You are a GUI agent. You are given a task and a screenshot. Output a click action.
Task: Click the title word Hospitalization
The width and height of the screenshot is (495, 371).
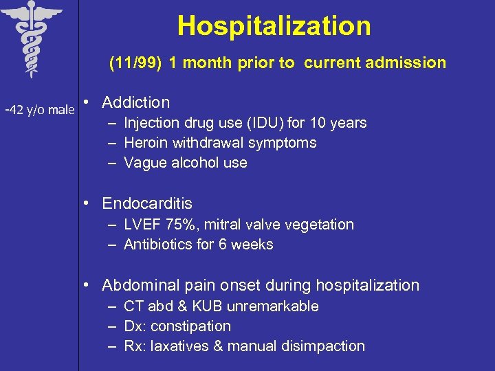coord(274,26)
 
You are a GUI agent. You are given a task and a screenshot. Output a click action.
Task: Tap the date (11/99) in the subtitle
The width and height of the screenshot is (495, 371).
coord(135,63)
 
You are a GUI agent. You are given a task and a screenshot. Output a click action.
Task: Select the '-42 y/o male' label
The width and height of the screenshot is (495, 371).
coord(39,109)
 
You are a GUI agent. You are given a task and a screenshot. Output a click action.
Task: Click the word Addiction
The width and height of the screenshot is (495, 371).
coord(135,103)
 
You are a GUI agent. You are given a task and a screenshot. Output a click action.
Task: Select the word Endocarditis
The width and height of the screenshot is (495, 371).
coord(147,204)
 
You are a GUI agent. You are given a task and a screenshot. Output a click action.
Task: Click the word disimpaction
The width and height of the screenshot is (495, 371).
coord(326,346)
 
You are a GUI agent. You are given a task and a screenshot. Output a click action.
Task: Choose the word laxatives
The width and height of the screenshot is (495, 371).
coord(179,346)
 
